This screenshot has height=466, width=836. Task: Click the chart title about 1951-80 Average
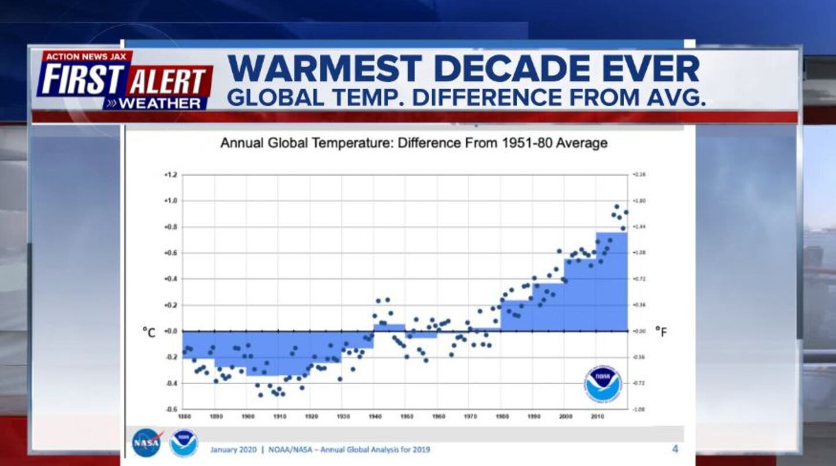coord(413,143)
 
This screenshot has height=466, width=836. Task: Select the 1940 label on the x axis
coord(374,416)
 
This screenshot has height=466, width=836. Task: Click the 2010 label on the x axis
coord(596,416)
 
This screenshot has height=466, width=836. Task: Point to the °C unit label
coord(149,333)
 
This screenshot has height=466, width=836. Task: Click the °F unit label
coord(661,331)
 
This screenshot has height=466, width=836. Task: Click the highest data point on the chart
coord(617,206)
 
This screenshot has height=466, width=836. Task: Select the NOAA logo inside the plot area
coord(603,384)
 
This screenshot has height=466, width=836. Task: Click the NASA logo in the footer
coord(146,443)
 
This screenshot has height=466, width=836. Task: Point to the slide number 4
coord(675,449)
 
